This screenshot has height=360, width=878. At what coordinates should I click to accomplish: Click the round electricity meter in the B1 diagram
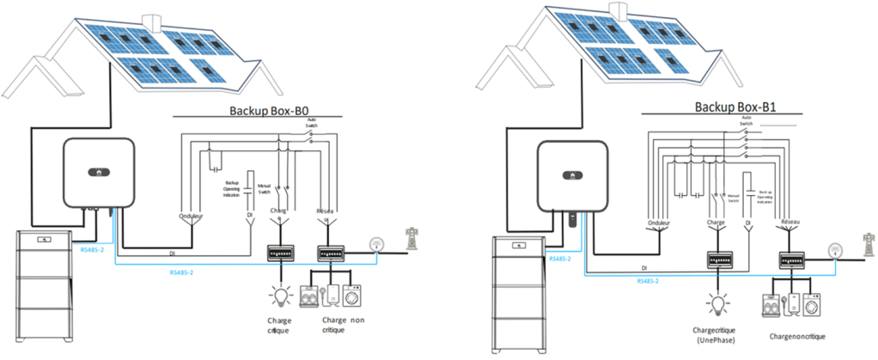pos(832,250)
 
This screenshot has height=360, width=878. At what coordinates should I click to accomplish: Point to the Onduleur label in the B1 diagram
pos(661,226)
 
